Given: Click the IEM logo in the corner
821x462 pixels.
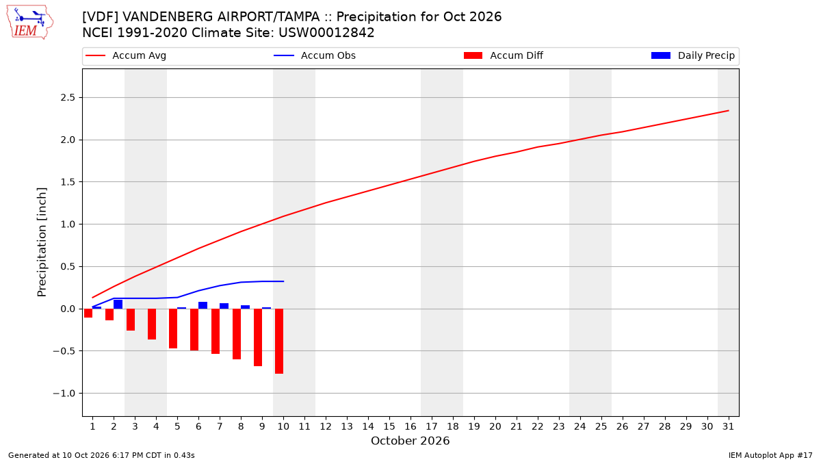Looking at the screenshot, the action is tap(30, 22).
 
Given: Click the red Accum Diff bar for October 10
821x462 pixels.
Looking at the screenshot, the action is tap(279, 341).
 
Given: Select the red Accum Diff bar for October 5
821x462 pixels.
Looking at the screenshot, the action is tap(173, 329).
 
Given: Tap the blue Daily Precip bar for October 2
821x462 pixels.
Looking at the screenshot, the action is tap(118, 305).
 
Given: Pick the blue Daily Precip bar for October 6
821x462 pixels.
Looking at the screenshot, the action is tap(203, 305).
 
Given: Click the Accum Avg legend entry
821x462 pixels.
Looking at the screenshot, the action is tap(126, 55).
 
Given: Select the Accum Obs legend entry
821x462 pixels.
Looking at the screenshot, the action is tap(315, 55).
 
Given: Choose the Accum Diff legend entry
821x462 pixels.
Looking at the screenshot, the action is tap(504, 55).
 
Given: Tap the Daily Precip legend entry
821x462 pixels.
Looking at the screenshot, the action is tap(693, 55).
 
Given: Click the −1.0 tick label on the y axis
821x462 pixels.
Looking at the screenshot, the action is tap(64, 394).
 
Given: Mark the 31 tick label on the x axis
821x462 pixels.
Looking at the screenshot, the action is tap(728, 426).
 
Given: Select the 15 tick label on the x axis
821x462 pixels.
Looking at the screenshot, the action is tap(389, 426).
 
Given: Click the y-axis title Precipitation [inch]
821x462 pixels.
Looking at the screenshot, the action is tap(42, 242).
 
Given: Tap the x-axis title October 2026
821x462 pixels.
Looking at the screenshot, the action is tap(410, 441).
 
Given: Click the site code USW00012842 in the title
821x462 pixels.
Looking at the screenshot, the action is tap(326, 33).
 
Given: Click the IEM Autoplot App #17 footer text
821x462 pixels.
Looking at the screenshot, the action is tap(770, 455).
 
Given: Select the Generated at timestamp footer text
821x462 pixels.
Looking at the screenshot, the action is tap(101, 455).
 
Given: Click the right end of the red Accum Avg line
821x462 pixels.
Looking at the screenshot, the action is tap(728, 110).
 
